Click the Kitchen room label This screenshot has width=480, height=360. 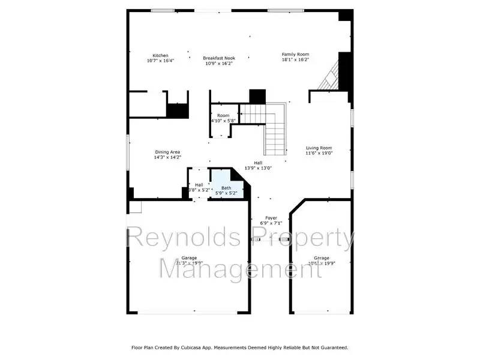tap(160, 55)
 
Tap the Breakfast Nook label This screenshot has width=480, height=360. tap(218, 56)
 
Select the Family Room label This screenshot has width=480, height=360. tap(295, 55)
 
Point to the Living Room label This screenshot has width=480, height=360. tap(319, 148)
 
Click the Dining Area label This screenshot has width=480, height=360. tap(167, 152)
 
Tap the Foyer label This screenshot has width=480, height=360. tap(271, 218)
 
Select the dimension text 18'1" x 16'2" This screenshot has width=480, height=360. tap(295, 60)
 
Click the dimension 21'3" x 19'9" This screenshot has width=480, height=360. tap(189, 263)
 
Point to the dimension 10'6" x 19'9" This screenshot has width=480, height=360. tap(322, 263)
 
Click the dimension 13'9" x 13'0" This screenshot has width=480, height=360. tap(258, 168)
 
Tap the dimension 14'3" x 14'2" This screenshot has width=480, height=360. tap(167, 157)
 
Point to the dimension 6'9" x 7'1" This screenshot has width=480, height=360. tap(271, 223)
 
